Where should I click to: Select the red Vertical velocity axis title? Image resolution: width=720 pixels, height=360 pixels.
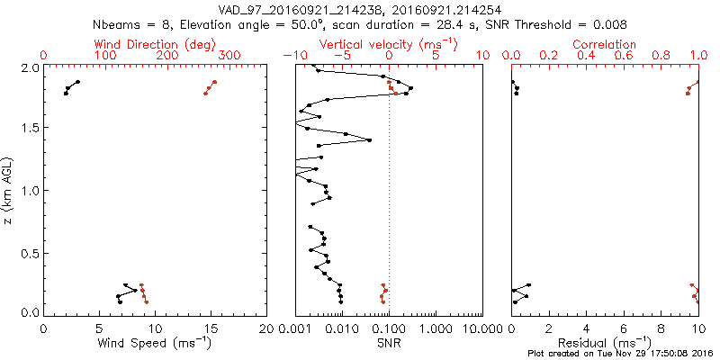(389, 44)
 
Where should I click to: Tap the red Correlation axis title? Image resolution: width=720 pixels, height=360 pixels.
(605, 44)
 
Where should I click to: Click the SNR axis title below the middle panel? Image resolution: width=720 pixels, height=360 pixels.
(389, 342)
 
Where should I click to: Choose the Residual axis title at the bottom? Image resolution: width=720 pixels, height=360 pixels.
(605, 342)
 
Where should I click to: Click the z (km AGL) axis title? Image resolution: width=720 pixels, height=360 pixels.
(8, 190)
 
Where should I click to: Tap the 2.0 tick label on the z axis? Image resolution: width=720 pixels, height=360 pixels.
(29, 67)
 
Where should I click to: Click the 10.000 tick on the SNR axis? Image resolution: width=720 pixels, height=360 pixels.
(481, 328)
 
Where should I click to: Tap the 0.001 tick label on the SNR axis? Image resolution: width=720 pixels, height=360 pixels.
(295, 328)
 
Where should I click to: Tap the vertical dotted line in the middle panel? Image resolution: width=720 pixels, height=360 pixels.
(389, 225)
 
